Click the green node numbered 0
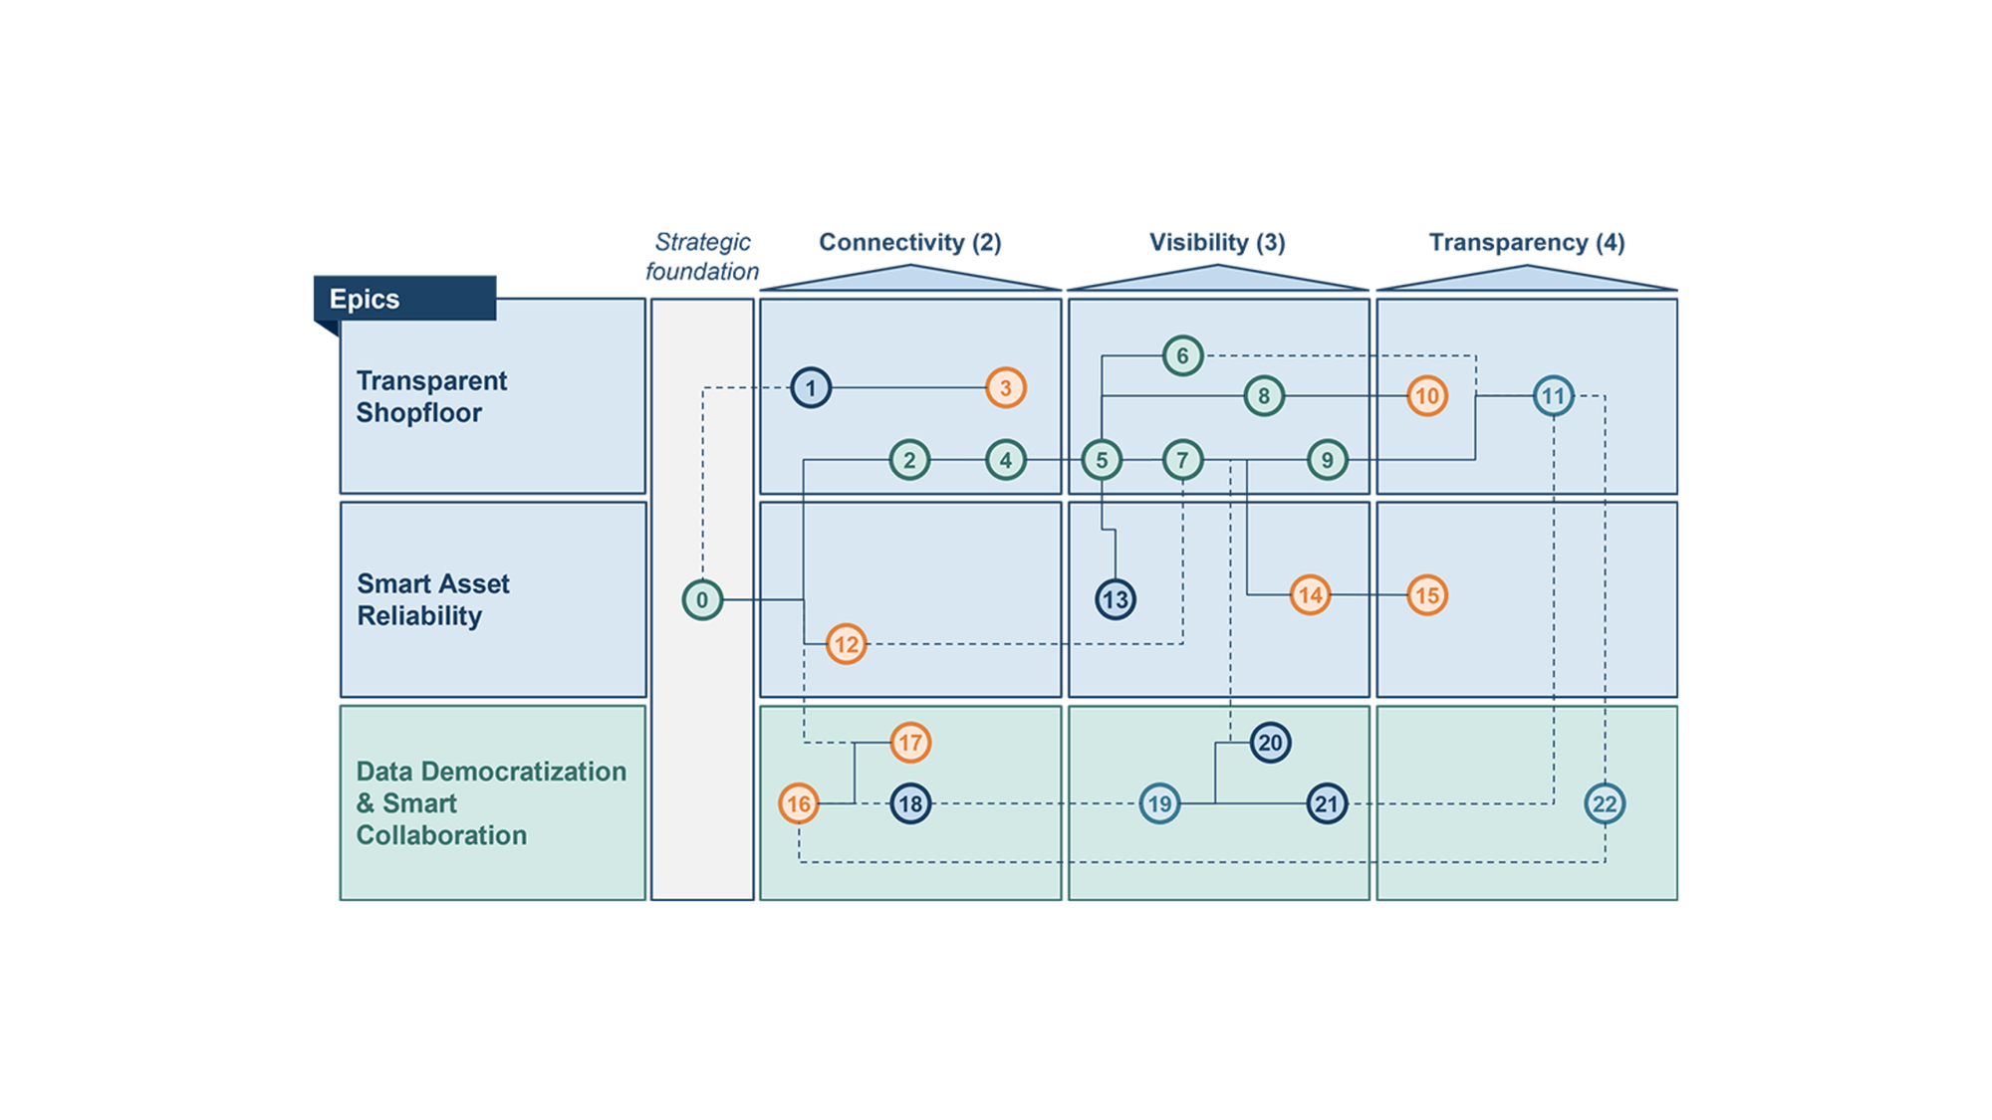[702, 599]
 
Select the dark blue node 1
[811, 387]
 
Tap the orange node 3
[1006, 387]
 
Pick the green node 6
[1182, 355]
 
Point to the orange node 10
[1427, 396]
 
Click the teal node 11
[1554, 396]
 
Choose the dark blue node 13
[1116, 599]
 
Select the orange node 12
[846, 644]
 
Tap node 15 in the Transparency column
[1427, 595]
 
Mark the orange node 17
[910, 743]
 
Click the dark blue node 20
[1270, 743]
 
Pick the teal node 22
[1605, 803]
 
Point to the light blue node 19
[1159, 803]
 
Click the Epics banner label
[365, 299]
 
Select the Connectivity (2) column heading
[909, 242]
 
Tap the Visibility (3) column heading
[1217, 242]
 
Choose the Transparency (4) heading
[1526, 242]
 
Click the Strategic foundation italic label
[702, 256]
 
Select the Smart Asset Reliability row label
[433, 599]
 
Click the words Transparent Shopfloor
[431, 396]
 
